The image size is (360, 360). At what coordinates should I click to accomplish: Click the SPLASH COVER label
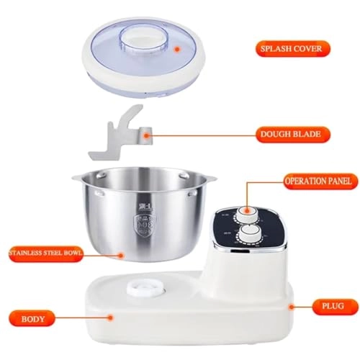click(292, 49)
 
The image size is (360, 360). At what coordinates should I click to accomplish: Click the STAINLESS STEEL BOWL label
click(43, 253)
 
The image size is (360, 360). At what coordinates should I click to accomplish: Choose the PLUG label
click(329, 305)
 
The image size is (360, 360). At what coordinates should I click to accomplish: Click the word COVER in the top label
click(306, 49)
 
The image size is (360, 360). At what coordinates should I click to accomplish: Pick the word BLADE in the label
click(307, 133)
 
